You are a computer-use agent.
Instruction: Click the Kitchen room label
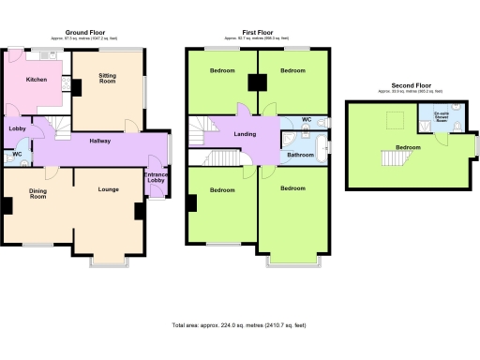(x=37, y=80)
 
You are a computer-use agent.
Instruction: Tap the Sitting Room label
(x=108, y=80)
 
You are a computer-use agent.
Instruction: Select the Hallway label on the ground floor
(x=100, y=141)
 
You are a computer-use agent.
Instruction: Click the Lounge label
(x=108, y=189)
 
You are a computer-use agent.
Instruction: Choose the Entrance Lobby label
(x=156, y=178)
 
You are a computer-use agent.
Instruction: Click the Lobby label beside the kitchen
(x=17, y=128)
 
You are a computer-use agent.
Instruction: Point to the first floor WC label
(x=307, y=120)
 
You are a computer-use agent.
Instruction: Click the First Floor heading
(x=257, y=31)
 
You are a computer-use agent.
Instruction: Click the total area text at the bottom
(x=239, y=324)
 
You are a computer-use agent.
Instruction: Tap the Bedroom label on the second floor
(x=408, y=147)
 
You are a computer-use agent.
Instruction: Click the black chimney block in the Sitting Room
(x=75, y=89)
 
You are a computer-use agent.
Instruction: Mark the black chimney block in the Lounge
(x=138, y=211)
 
